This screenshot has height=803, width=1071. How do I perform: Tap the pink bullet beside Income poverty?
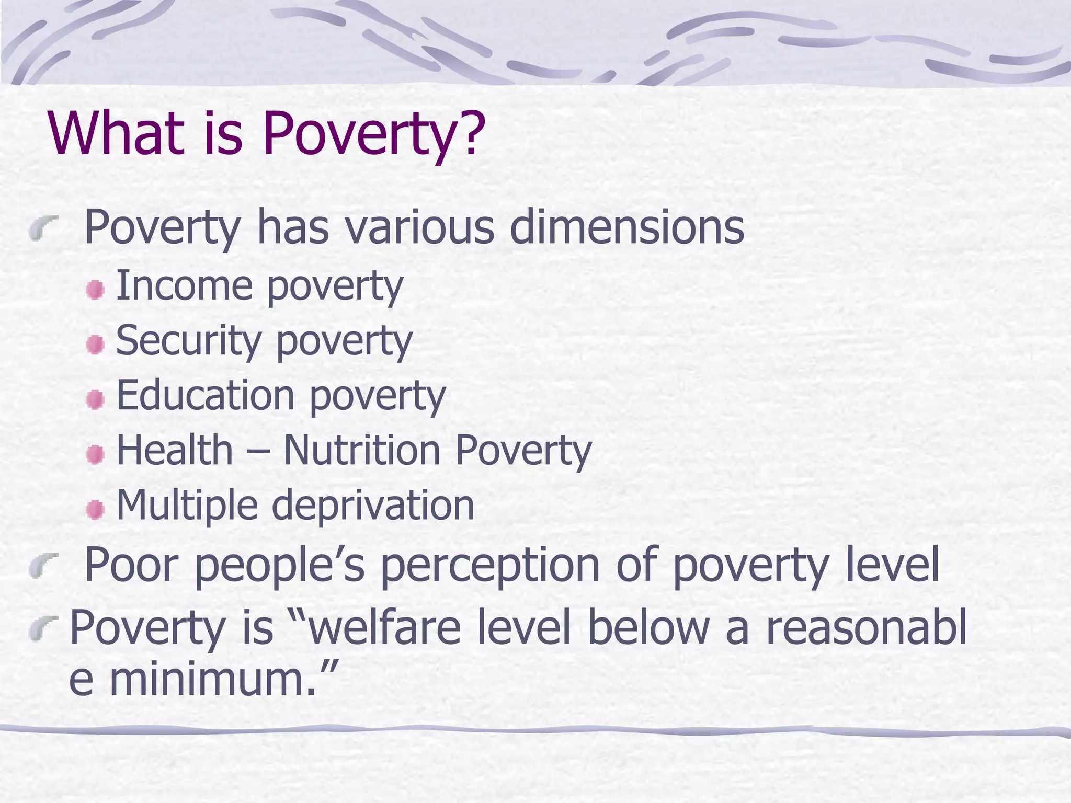95,290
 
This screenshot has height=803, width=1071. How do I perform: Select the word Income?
184,286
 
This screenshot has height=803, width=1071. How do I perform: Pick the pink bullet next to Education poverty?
95,400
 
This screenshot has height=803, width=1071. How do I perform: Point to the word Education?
205,396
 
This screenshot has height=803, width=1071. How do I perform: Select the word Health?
174,451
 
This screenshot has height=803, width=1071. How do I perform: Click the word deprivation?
373,506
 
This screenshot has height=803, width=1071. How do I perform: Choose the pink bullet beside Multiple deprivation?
95,510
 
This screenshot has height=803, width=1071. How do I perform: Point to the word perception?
489,566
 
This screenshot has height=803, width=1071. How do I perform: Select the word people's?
279,566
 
